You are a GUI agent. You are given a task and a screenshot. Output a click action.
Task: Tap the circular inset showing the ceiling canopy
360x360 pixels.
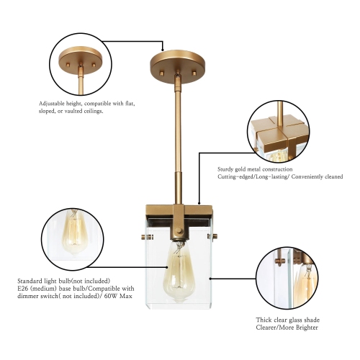click(x=78, y=61)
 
